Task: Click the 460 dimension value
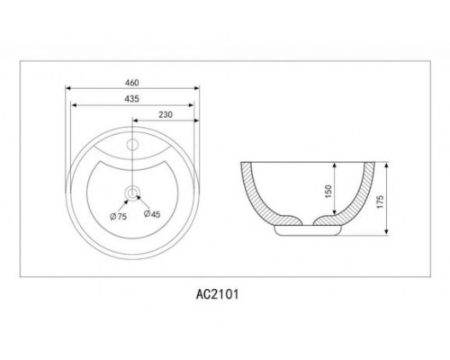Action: coord(131,83)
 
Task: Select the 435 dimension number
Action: coord(131,99)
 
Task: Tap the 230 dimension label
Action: coord(166,114)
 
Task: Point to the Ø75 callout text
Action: coord(118,216)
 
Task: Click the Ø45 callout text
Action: coord(152,214)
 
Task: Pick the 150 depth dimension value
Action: coord(328,191)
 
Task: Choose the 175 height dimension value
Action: coord(380,202)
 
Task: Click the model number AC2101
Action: coord(218,294)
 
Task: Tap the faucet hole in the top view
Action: coord(132,144)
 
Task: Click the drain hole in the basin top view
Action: coord(132,193)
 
